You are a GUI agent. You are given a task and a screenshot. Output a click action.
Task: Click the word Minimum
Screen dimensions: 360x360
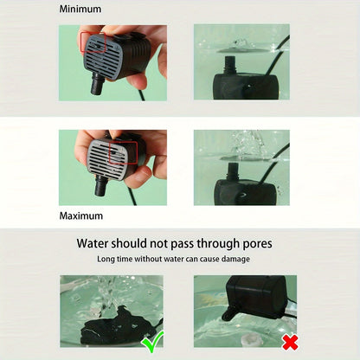pyautogui.click(x=80, y=9)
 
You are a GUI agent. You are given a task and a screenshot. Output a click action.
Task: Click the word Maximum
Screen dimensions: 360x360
pyautogui.click(x=81, y=215)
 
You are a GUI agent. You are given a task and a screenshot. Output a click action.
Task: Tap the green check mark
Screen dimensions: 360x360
pyautogui.click(x=152, y=341)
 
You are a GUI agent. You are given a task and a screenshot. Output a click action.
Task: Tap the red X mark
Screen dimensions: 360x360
pyautogui.click(x=291, y=342)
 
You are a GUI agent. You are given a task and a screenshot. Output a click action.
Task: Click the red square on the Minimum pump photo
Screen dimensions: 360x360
pyautogui.click(x=93, y=42)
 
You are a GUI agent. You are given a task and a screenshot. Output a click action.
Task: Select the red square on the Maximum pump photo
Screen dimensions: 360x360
pyautogui.click(x=124, y=153)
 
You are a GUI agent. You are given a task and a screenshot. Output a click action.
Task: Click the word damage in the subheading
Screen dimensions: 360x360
pyautogui.click(x=235, y=259)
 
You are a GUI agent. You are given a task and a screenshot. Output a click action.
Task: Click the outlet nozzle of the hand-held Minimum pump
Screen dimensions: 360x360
pyautogui.click(x=97, y=84)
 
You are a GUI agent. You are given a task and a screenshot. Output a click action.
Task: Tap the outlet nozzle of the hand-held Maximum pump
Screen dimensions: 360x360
pyautogui.click(x=101, y=185)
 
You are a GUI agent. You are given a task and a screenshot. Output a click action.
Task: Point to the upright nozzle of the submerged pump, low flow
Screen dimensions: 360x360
pyautogui.click(x=231, y=65)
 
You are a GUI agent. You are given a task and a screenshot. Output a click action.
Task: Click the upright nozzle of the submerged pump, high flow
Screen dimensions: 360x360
pyautogui.click(x=234, y=171)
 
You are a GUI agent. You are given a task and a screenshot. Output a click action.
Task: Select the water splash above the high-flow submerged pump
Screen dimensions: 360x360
pyautogui.click(x=248, y=145)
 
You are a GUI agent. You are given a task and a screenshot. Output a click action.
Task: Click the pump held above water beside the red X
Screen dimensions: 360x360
pyautogui.click(x=255, y=297)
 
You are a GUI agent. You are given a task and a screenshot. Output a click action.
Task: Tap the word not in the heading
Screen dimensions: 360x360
pyautogui.click(x=158, y=244)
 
